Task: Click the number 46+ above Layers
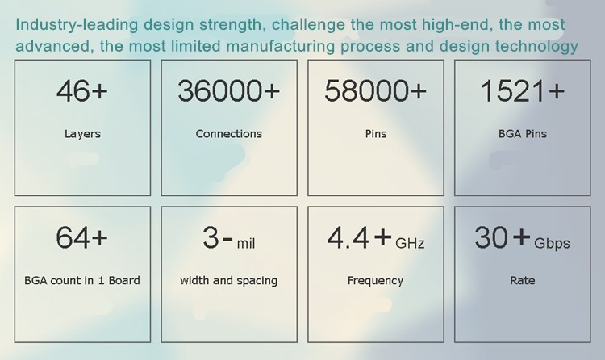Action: click(x=81, y=91)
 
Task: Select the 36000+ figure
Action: click(x=228, y=91)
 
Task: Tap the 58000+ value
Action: click(x=375, y=91)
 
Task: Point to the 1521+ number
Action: click(x=523, y=91)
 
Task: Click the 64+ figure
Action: click(x=81, y=237)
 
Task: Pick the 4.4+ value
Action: click(x=359, y=237)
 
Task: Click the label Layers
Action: click(x=82, y=134)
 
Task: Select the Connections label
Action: click(x=229, y=134)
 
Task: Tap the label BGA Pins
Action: click(x=523, y=134)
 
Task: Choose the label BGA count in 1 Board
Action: click(x=82, y=280)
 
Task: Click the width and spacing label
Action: click(x=229, y=280)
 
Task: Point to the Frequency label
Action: click(x=375, y=280)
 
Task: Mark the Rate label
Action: click(x=523, y=280)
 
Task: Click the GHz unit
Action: click(x=410, y=243)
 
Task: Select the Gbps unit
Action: click(x=552, y=244)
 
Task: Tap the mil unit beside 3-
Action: click(x=246, y=243)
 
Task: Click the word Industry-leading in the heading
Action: click(x=77, y=25)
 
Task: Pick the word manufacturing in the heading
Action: click(x=281, y=46)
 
